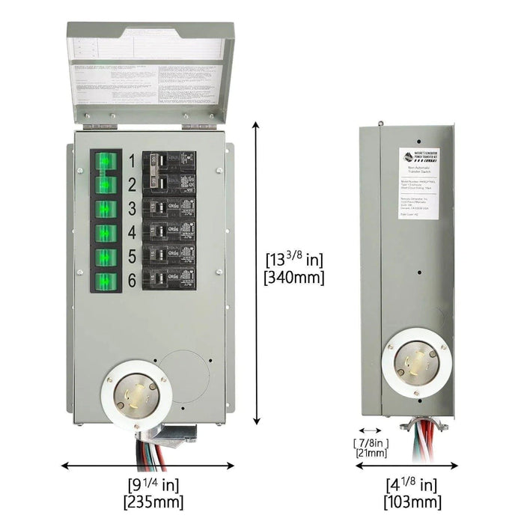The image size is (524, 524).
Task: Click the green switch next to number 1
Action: coord(106,160)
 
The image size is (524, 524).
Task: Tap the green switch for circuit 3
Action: coord(106,208)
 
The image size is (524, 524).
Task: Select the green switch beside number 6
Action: coord(106,281)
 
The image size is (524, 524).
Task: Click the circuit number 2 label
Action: coord(131,185)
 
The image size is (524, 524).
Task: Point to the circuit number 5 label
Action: coord(131,257)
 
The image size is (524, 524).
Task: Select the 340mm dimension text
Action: coord(295,278)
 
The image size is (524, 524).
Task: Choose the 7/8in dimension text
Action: coord(371,442)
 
